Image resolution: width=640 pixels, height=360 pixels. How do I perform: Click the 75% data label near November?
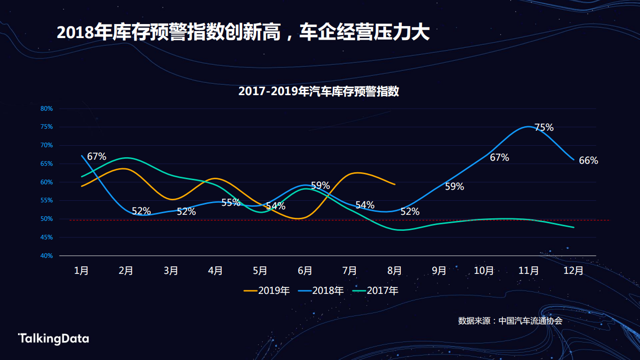pos(544,128)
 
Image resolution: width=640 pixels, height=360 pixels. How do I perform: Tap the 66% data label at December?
pos(588,161)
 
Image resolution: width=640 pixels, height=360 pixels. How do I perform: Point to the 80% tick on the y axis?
pos(47,109)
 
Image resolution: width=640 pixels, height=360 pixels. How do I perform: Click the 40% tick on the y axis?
pos(47,256)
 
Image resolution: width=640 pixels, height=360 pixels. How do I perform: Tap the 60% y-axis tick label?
pos(47,182)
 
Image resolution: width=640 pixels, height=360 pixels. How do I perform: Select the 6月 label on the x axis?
pos(305,271)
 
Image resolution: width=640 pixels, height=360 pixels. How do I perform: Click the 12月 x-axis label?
pos(573,271)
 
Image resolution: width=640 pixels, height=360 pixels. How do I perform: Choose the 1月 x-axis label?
pos(82,271)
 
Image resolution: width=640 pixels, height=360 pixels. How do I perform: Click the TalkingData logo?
pos(54,339)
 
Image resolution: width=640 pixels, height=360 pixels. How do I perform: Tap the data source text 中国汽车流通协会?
pos(530,321)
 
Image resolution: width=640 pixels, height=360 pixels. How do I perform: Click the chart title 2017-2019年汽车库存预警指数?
pos(319,92)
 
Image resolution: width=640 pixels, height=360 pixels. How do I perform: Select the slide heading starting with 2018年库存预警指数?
pos(243,33)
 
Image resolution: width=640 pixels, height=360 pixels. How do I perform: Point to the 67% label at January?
pos(97,157)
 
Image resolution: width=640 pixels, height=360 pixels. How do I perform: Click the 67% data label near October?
pos(499,158)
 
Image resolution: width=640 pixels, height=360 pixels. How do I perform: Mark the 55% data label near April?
pos(231,203)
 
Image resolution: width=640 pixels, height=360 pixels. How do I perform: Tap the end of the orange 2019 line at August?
pos(395,184)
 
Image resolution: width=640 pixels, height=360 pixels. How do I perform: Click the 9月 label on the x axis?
pos(439,271)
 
